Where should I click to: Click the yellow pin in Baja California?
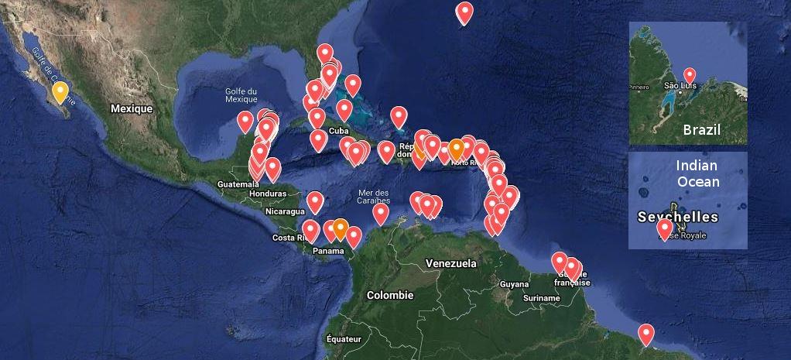[60, 94]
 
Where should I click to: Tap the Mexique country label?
[131, 109]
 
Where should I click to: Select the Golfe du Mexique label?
[241, 95]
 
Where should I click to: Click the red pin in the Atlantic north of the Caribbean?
[464, 12]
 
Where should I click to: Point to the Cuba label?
[338, 131]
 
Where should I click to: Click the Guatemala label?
[238, 184]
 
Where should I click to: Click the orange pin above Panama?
[340, 228]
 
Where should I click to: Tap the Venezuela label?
[451, 264]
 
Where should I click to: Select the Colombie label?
[390, 295]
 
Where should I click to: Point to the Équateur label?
[344, 338]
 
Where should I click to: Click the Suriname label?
[541, 298]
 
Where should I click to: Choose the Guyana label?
[514, 284]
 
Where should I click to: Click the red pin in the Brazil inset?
[689, 74]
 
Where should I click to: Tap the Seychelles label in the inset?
[677, 217]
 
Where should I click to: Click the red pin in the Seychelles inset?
[664, 228]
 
